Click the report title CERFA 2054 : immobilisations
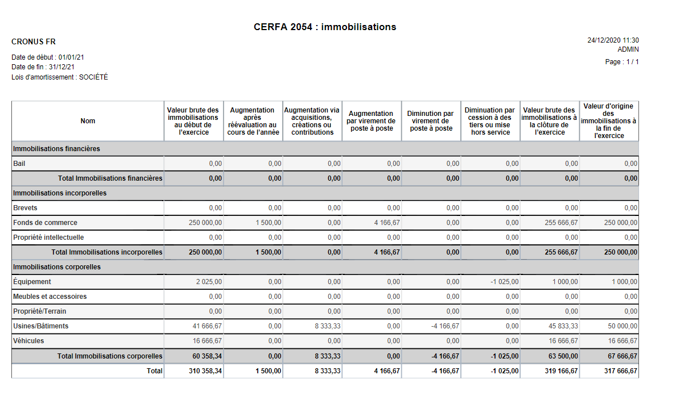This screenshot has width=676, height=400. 325,27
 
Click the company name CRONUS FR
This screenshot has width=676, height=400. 34,42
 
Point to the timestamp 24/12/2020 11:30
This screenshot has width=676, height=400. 613,40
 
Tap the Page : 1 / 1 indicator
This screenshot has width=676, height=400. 622,62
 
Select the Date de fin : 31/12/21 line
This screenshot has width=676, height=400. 43,67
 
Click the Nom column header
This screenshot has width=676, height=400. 88,121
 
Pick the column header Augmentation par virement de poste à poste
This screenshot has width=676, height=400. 371,121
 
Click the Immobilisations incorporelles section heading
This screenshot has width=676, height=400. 60,193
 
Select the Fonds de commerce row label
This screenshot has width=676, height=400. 45,223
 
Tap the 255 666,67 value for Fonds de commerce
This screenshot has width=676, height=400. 561,223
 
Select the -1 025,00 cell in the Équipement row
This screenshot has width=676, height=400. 504,282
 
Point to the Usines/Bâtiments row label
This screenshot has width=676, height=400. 40,326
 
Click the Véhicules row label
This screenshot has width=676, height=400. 28,341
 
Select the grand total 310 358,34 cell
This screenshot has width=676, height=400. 205,371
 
